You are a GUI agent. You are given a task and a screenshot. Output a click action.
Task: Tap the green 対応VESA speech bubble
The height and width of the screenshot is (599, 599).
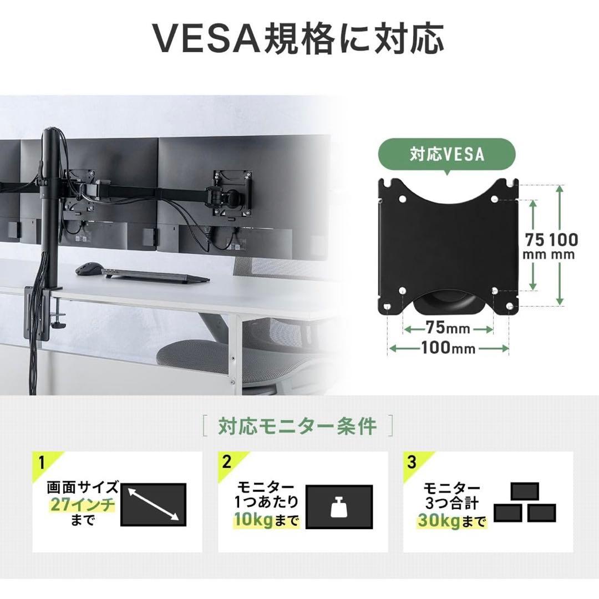pos(447,155)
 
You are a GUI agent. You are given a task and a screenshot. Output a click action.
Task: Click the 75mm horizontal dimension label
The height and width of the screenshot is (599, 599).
pos(448,328)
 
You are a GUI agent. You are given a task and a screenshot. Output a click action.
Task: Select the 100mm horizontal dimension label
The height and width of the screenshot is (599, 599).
pos(448,348)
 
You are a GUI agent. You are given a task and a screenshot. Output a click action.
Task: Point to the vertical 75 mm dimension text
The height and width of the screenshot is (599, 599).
pos(534,246)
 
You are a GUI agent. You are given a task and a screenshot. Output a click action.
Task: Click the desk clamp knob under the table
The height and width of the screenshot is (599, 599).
pos(60,324)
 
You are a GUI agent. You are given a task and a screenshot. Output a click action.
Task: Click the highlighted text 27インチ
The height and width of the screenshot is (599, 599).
pos(83,505)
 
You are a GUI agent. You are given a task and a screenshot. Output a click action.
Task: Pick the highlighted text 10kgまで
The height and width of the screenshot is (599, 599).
pos(266,520)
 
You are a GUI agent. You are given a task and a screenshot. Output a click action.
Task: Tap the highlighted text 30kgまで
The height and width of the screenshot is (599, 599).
pos(451,521)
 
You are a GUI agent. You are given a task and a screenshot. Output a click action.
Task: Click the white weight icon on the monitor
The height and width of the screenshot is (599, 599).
pos(339,506)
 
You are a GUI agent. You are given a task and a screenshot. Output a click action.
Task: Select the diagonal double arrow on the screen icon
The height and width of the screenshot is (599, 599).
pos(153,504)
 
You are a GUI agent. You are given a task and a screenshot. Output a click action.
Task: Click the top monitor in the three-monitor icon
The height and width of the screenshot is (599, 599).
pos(525,491)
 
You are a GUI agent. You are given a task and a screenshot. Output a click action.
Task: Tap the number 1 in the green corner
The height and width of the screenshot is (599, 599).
pos(42,463)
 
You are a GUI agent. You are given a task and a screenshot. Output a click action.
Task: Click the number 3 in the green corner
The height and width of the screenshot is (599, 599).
pos(412,463)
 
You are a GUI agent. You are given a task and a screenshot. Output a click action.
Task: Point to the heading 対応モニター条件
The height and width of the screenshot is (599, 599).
pos(297,426)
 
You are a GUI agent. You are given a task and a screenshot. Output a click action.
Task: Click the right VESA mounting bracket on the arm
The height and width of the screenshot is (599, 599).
pos(233,194)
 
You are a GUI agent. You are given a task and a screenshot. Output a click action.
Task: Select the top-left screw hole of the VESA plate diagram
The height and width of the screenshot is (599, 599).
pos(403,199)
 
